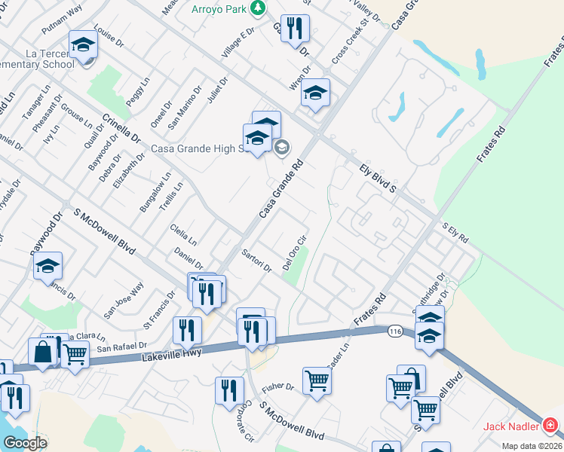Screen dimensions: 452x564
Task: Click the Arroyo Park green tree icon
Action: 259,8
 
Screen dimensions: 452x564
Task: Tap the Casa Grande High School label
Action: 199,148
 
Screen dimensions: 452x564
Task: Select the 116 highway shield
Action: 394,331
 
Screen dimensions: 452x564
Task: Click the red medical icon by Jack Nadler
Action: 550,426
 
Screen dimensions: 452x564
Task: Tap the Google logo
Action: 25,443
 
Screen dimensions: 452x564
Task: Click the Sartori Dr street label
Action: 256,261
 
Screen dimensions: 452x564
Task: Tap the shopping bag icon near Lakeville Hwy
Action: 42,351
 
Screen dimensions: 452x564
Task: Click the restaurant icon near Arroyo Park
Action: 295,29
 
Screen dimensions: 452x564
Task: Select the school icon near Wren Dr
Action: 315,93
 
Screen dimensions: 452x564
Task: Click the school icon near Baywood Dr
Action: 48,266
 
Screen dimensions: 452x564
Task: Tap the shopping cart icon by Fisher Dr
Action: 317,381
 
